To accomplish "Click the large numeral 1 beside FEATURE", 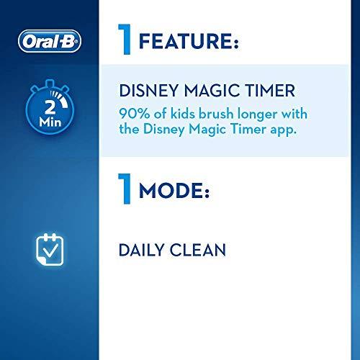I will (126, 40).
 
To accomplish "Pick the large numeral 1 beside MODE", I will (126, 192).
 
